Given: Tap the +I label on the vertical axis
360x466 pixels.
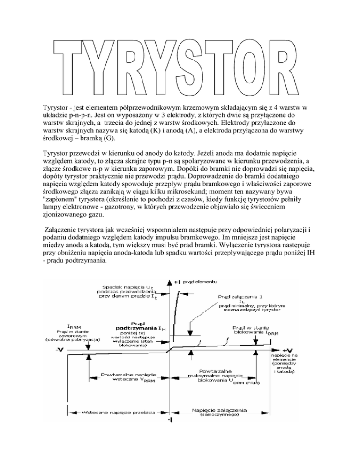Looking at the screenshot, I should click(176, 282).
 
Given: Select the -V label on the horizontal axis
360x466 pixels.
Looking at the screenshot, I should click(60, 350).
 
